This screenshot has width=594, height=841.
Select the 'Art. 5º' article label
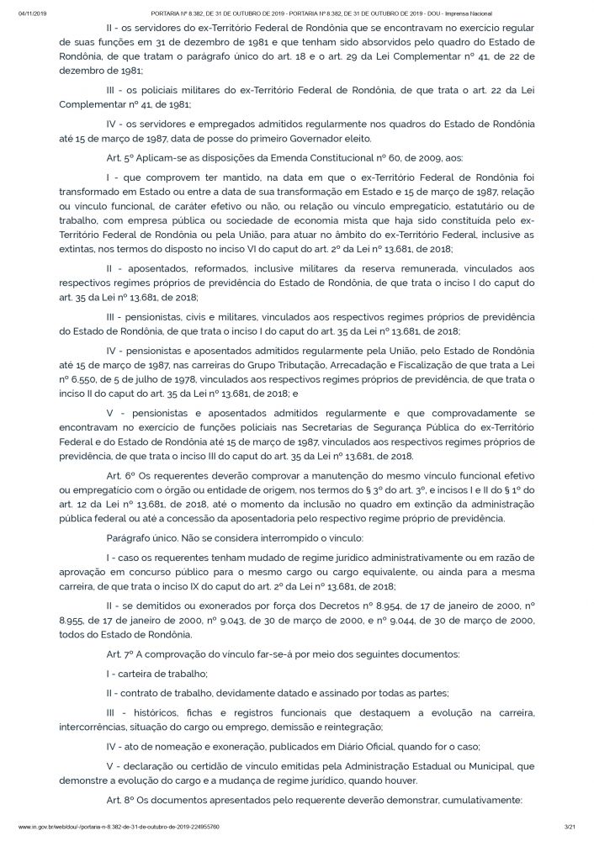(120, 157)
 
